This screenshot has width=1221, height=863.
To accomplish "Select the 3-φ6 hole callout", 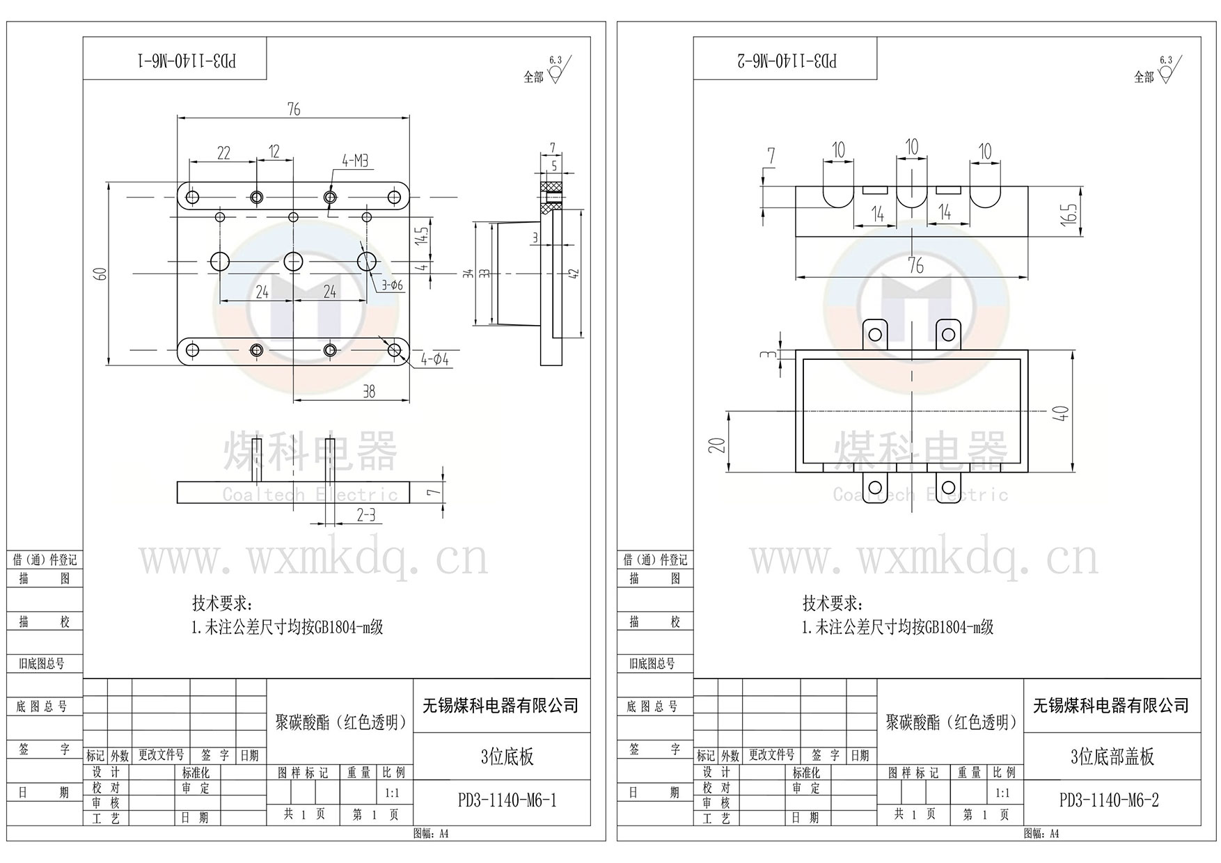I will [x=392, y=285].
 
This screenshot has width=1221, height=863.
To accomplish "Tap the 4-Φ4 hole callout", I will [x=435, y=360].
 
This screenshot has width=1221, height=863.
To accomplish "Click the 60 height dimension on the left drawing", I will [x=102, y=274].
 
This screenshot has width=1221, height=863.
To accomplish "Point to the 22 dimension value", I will [x=223, y=153].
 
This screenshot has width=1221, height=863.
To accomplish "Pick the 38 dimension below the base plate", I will [x=369, y=392].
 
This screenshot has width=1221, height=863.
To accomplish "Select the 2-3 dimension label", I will [x=366, y=515].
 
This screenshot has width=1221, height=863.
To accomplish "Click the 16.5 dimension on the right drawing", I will [x=1071, y=212].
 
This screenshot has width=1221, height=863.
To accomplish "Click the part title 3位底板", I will [x=507, y=757].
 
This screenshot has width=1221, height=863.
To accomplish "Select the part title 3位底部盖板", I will [x=1112, y=757].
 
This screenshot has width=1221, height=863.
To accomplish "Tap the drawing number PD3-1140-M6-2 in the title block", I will [x=1109, y=800].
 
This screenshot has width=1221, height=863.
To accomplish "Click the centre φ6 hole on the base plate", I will [x=293, y=262].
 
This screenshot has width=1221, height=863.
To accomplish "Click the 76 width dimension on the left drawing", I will [x=293, y=109].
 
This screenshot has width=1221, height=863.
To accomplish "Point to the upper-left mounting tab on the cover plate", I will [x=875, y=334].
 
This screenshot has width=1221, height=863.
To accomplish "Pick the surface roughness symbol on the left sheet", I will [x=556, y=72].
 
